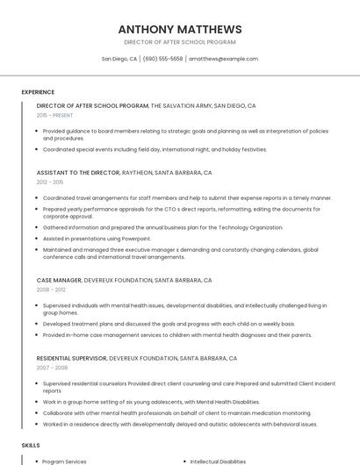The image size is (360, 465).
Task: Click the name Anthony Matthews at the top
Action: pyautogui.click(x=179, y=29)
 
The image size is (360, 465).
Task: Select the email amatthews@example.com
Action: pyautogui.click(x=223, y=59)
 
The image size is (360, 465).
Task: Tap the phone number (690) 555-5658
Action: pyautogui.click(x=162, y=59)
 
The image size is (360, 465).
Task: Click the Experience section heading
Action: pyautogui.click(x=38, y=92)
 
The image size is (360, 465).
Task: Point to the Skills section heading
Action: pyautogui.click(x=31, y=446)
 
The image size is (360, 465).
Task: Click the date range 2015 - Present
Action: pyautogui.click(x=54, y=115)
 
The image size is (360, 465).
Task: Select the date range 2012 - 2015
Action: pyautogui.click(x=50, y=182)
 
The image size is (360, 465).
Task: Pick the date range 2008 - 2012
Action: pyautogui.click(x=51, y=290)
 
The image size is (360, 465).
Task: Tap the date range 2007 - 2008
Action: pyautogui.click(x=51, y=368)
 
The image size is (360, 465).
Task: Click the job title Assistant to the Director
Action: pyautogui.click(x=78, y=173)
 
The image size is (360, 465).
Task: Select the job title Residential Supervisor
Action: pyautogui.click(x=71, y=358)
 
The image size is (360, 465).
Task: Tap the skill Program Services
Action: pyautogui.click(x=64, y=461)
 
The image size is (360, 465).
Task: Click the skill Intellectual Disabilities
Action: pyautogui.click(x=218, y=461)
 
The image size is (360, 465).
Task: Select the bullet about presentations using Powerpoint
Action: pyautogui.click(x=97, y=238)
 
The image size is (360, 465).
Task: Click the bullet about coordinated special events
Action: pyautogui.click(x=154, y=149)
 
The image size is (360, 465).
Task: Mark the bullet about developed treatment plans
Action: pyautogui.click(x=156, y=323)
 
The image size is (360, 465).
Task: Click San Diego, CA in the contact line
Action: pyautogui.click(x=119, y=59)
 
